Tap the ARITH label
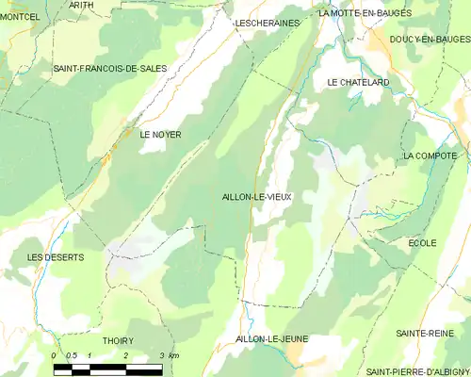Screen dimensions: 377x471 pyautogui.click(x=81, y=5)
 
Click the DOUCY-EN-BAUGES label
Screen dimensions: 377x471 pyautogui.click(x=429, y=39)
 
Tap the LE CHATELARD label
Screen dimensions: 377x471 pyautogui.click(x=358, y=83)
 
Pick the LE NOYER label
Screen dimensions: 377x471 pyautogui.click(x=160, y=135)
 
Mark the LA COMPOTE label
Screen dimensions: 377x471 pyautogui.click(x=430, y=156)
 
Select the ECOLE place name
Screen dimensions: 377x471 pyautogui.click(x=422, y=243)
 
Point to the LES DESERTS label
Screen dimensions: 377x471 pyautogui.click(x=56, y=257)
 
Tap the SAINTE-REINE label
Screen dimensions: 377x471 pyautogui.click(x=425, y=333)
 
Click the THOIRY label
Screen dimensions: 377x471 pyautogui.click(x=118, y=340)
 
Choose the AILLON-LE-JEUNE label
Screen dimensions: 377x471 pyautogui.click(x=273, y=338)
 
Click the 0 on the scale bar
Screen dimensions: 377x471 pyautogui.click(x=53, y=354)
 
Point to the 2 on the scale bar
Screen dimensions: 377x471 pyautogui.click(x=125, y=354)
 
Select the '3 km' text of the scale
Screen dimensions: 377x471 pyautogui.click(x=169, y=354)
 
